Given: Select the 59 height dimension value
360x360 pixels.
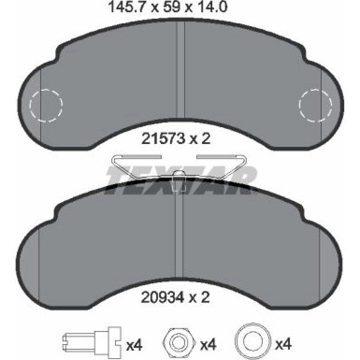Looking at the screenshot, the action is pyautogui.click(x=171, y=7).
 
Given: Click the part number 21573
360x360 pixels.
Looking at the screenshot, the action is pyautogui.click(x=163, y=139).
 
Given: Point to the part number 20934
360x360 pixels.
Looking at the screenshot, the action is pyautogui.click(x=163, y=298).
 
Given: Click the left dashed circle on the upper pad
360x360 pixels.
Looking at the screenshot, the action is pyautogui.click(x=46, y=106).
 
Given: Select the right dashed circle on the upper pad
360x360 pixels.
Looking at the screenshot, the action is pyautogui.click(x=316, y=105).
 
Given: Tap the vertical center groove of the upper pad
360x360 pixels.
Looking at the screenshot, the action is pyautogui.click(x=180, y=69).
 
